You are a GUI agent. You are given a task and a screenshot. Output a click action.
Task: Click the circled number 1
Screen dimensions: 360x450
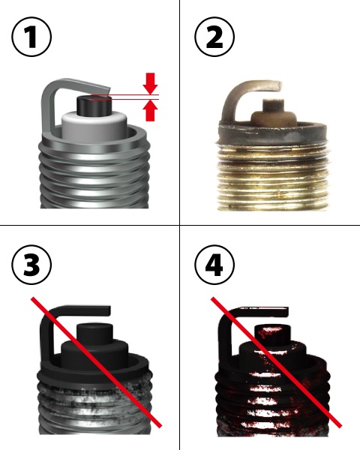[x=31, y=37]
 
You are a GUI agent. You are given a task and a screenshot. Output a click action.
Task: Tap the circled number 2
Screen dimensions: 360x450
[x=214, y=37]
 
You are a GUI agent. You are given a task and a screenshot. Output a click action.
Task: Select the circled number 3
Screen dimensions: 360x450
[x=31, y=265]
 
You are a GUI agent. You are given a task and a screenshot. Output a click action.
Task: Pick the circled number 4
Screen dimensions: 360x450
[x=214, y=265]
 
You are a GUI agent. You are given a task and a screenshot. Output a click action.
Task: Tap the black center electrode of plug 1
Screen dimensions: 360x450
[x=94, y=105]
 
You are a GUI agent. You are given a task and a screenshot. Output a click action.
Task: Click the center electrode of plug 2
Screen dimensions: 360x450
[x=274, y=104]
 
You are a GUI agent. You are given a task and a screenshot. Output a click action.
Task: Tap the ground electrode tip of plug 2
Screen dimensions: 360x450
[x=278, y=85]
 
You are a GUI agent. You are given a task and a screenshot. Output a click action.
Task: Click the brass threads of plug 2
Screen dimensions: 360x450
[x=273, y=178]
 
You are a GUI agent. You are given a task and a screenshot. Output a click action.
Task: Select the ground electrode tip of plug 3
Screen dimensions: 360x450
[x=106, y=311]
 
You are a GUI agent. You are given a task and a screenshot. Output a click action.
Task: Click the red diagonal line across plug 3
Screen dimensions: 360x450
[x=97, y=362]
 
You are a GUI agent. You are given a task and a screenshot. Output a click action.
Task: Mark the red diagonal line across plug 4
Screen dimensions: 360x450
[x=277, y=362]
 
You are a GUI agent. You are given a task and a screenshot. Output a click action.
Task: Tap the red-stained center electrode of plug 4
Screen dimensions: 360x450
[x=273, y=334]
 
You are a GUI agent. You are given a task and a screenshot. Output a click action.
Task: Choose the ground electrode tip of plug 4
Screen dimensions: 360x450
[x=285, y=312]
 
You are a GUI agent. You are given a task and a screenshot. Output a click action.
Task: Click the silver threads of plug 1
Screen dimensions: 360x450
[x=94, y=178]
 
